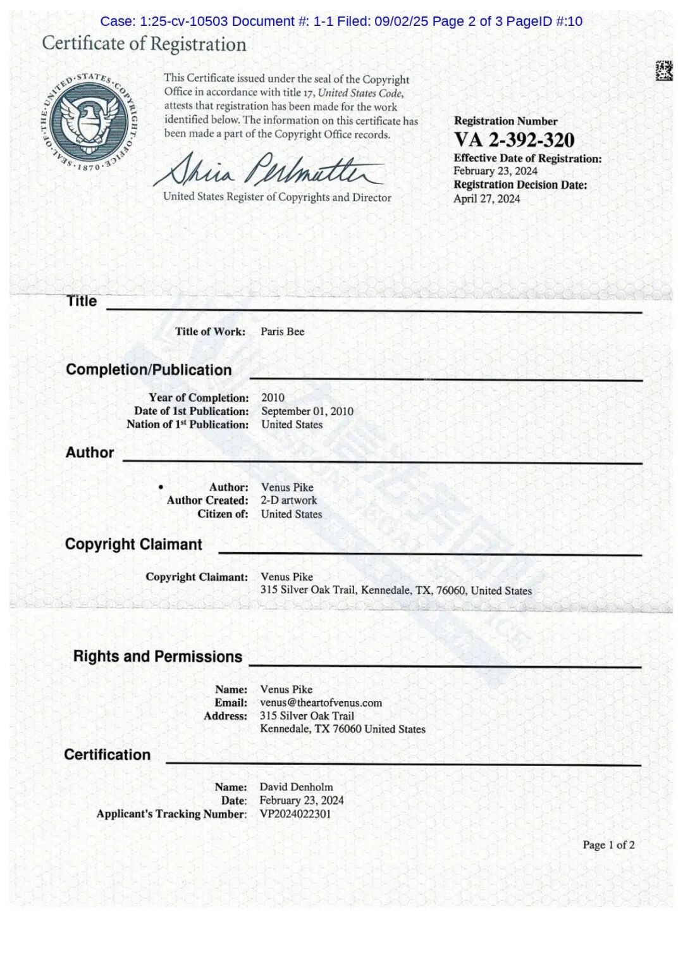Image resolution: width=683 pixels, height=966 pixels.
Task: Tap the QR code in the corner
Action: click(663, 70)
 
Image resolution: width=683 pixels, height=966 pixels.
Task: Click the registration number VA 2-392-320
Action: click(514, 140)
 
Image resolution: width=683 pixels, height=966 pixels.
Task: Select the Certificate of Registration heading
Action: click(144, 44)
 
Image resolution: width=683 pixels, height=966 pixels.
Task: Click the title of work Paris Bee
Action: click(282, 331)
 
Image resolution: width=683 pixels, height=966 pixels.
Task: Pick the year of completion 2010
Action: click(273, 397)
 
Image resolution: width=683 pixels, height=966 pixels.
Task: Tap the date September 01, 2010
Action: click(307, 411)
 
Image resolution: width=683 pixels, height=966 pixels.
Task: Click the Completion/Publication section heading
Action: click(149, 370)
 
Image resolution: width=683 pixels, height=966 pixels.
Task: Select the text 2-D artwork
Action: click(288, 500)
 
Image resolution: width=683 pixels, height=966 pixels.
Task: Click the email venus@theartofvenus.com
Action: click(321, 703)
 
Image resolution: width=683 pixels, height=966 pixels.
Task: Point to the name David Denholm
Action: click(296, 787)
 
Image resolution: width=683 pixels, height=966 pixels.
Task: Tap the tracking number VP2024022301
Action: click(295, 814)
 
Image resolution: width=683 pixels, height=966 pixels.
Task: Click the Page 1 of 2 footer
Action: click(608, 845)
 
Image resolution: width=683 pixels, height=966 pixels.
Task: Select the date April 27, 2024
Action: click(486, 199)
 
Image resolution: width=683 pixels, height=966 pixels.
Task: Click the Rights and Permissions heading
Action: click(157, 657)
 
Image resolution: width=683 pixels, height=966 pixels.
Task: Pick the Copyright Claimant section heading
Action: click(133, 545)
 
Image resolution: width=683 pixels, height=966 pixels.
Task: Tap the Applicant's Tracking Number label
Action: click(171, 814)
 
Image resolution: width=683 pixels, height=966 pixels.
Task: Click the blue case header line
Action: click(341, 22)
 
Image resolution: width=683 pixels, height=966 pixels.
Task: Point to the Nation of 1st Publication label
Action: click(187, 424)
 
